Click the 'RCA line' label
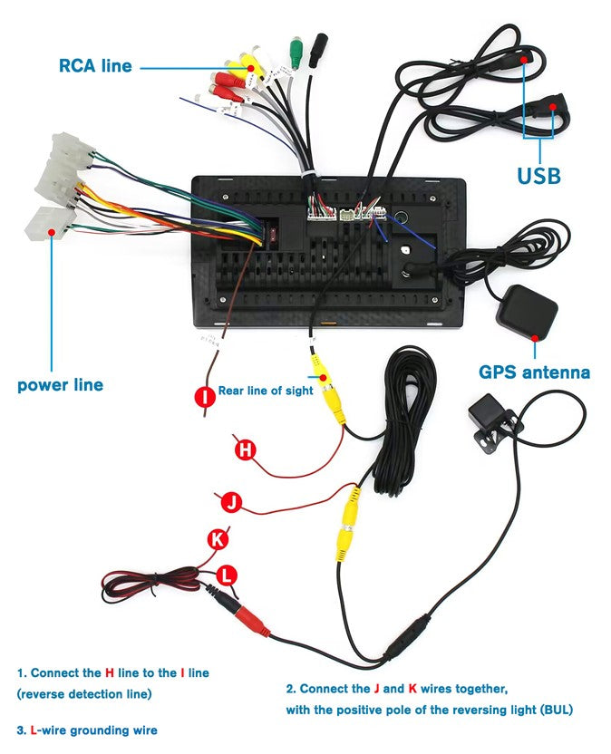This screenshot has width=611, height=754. click(x=95, y=66)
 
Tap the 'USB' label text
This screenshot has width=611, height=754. click(x=538, y=175)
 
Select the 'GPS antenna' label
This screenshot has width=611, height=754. click(x=534, y=372)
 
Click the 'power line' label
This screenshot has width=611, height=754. click(x=60, y=385)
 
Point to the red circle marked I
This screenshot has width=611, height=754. click(x=206, y=395)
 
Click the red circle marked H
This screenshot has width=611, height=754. click(x=243, y=449)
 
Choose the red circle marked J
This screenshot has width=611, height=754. click(x=231, y=501)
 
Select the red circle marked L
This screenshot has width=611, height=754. click(x=228, y=574)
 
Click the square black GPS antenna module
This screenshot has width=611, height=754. click(x=529, y=311)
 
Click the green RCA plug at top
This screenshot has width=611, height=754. click(x=295, y=49)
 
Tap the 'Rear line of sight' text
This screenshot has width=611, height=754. click(x=266, y=391)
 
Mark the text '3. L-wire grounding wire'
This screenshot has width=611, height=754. click(x=87, y=730)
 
